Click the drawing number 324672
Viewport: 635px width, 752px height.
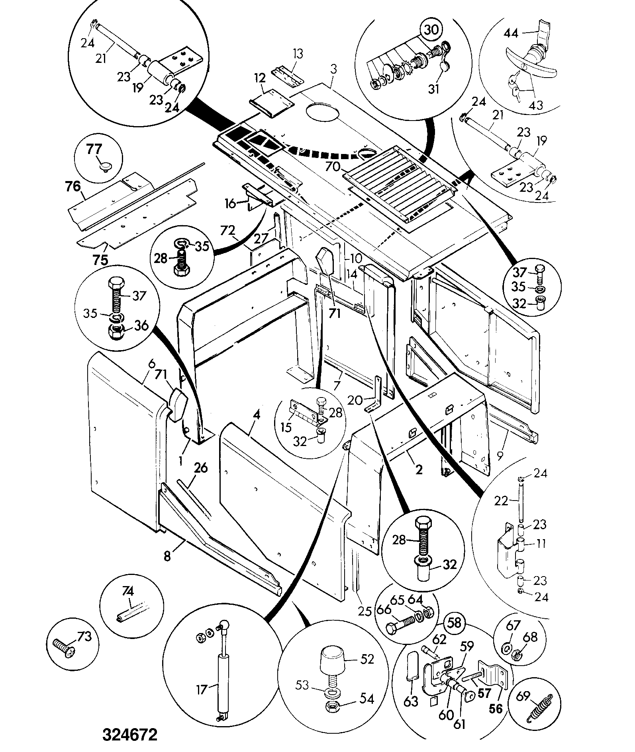[x=130, y=735]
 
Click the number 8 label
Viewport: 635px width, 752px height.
[x=167, y=556]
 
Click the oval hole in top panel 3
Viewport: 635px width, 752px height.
[x=321, y=112]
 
